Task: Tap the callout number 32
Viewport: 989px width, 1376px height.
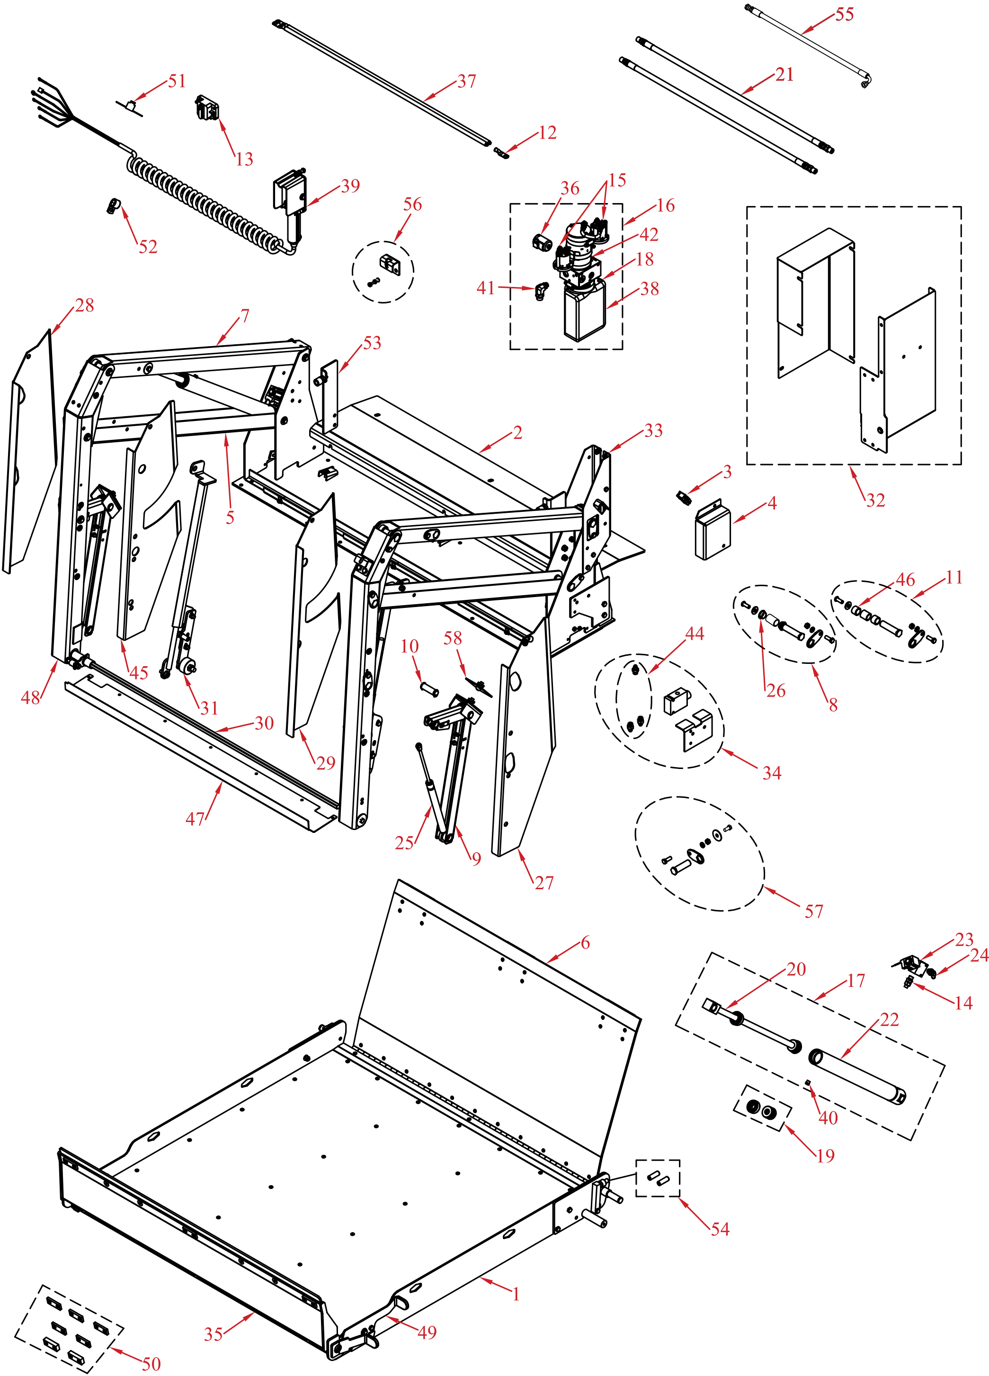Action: pyautogui.click(x=875, y=500)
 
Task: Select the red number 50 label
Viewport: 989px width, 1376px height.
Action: pyautogui.click(x=151, y=1364)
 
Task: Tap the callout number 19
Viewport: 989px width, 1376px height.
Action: pyautogui.click(x=825, y=1156)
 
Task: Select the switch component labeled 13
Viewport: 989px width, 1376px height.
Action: pyautogui.click(x=207, y=108)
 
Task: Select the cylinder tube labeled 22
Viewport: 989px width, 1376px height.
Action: pyautogui.click(x=858, y=1076)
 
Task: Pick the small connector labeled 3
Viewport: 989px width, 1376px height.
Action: pyautogui.click(x=684, y=498)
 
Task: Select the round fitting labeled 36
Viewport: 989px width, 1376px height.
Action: pyautogui.click(x=541, y=242)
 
